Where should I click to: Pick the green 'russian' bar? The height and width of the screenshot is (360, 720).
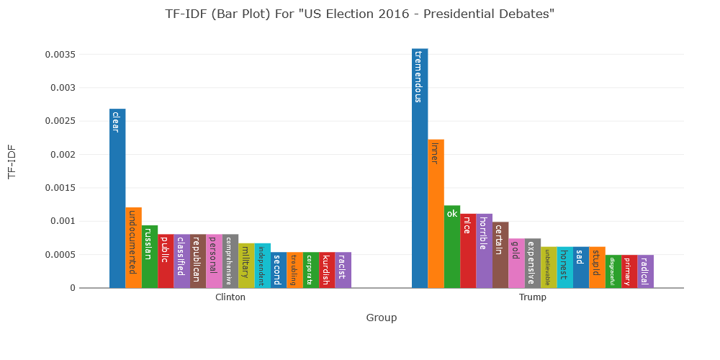point(150,256)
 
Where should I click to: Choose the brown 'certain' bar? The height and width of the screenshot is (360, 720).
point(500,255)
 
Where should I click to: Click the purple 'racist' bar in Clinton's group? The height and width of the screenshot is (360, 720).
point(343,270)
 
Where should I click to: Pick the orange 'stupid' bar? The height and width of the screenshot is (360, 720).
point(597,267)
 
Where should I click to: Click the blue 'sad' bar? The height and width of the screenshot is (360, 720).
point(581,267)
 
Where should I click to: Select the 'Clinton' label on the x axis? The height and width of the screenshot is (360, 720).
point(230,297)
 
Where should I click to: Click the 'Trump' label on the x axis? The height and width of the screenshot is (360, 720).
point(533,297)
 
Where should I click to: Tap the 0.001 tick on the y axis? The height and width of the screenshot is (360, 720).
point(63,221)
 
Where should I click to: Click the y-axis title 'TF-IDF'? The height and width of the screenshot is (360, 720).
point(12,161)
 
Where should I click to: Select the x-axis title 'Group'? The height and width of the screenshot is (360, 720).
point(382,318)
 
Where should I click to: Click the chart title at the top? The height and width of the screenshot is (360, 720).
point(360,14)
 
